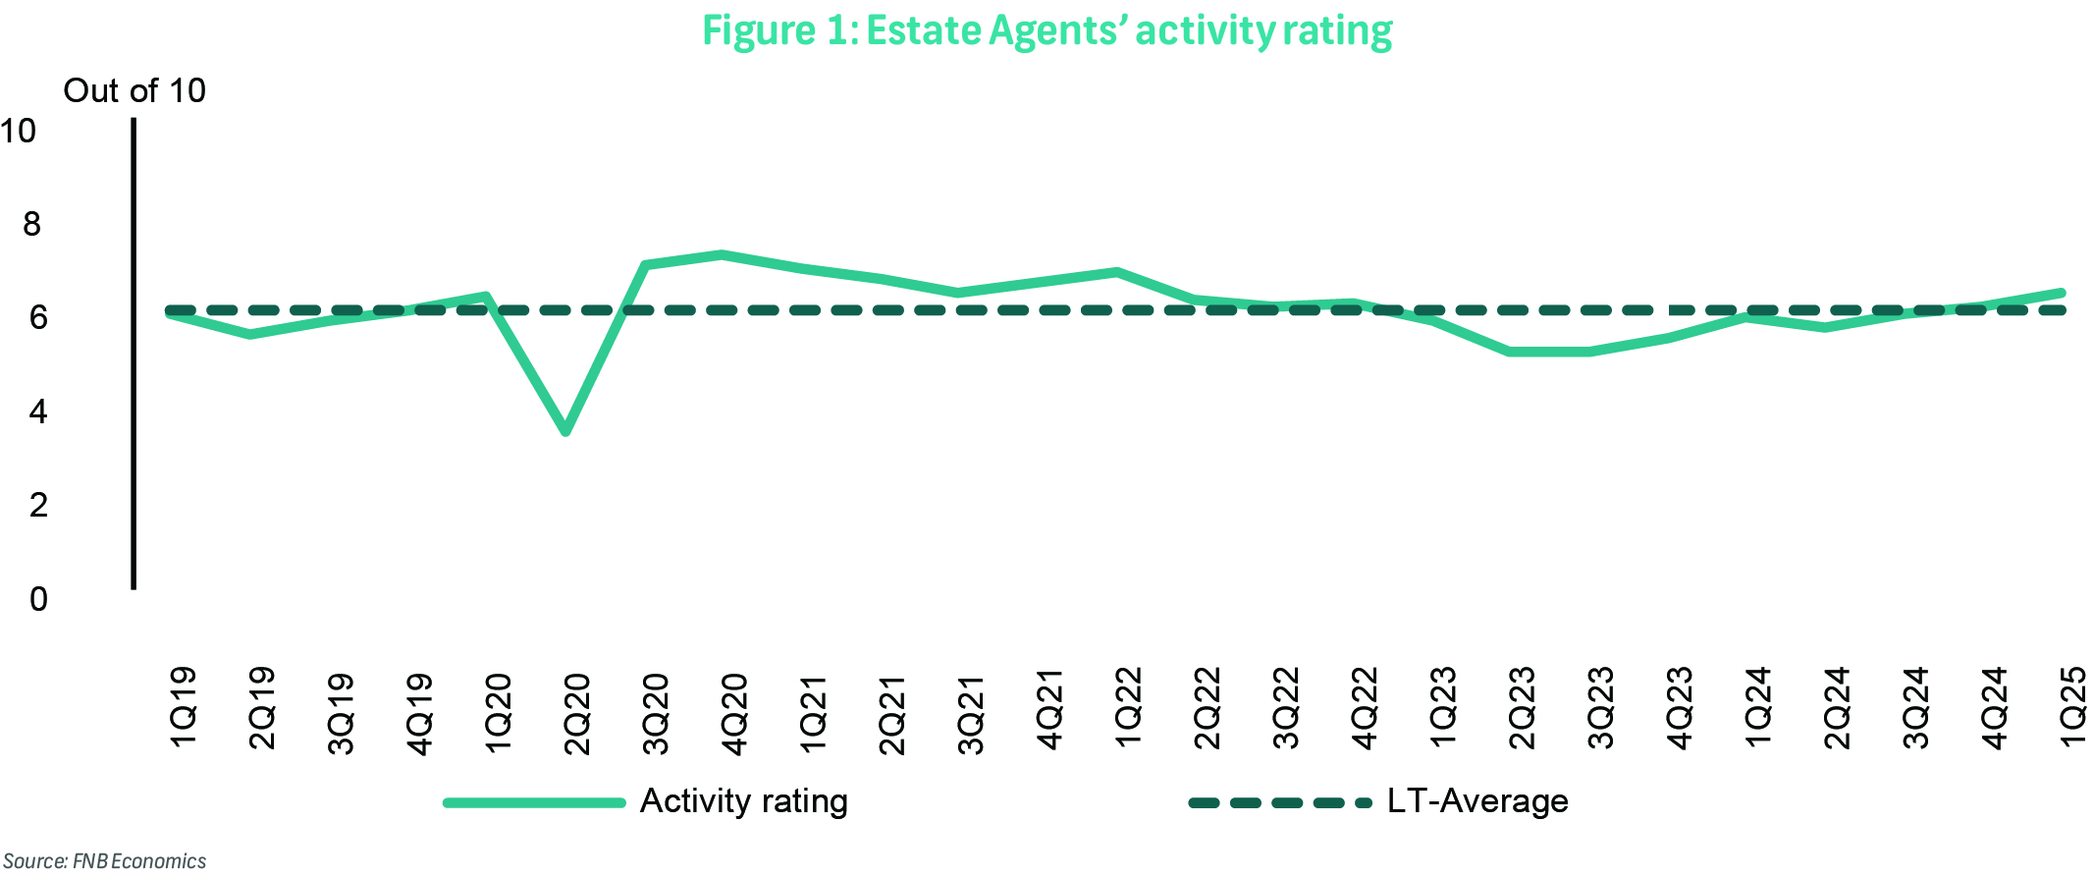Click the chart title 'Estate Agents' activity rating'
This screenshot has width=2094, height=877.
coord(1047,29)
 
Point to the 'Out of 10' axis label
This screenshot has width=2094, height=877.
coord(134,90)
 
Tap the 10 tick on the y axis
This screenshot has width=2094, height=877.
coord(19,131)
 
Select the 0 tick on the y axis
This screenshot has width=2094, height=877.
coord(38,598)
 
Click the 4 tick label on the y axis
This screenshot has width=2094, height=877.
coord(38,411)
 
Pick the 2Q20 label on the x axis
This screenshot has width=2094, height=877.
coord(577,713)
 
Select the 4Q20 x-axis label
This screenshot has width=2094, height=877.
coord(734,713)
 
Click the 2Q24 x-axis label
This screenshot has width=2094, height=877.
coord(1837,708)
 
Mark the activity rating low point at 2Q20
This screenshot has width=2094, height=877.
coord(565,431)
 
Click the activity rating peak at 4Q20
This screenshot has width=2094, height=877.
coord(722,255)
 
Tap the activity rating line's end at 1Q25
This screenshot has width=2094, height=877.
coord(2062,293)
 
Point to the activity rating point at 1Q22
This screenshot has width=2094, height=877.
coord(1117,271)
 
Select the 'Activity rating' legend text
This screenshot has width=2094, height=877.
coord(743,801)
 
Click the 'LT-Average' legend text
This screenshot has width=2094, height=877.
coord(1477,801)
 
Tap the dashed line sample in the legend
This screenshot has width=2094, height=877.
coord(1279,803)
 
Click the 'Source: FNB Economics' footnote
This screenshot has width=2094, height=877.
coord(105,861)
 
